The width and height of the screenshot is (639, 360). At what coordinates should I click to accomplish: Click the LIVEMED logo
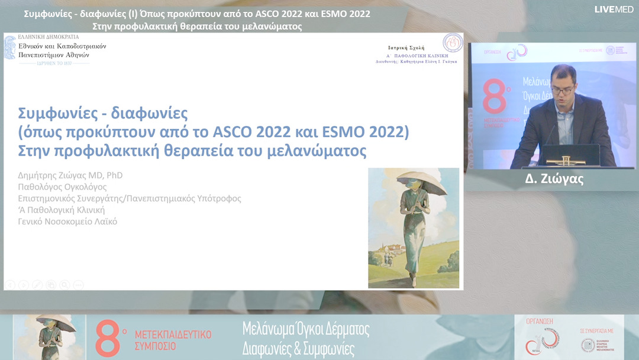pyautogui.click(x=614, y=9)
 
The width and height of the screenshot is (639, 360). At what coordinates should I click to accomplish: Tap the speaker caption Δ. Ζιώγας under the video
pyautogui.click(x=554, y=179)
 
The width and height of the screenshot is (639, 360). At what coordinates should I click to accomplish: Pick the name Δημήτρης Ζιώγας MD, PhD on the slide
pyautogui.click(x=70, y=175)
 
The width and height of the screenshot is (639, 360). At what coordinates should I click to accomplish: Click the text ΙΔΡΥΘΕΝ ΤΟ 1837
pyautogui.click(x=47, y=63)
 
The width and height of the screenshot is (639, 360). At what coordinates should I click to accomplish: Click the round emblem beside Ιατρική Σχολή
pyautogui.click(x=453, y=43)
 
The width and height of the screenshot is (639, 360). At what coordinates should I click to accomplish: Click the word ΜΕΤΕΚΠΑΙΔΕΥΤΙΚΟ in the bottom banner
pyautogui.click(x=173, y=335)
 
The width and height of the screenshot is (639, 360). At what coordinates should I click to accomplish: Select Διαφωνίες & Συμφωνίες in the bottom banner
pyautogui.click(x=298, y=349)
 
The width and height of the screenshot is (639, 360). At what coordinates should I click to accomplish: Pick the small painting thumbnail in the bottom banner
pyautogui.click(x=49, y=337)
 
